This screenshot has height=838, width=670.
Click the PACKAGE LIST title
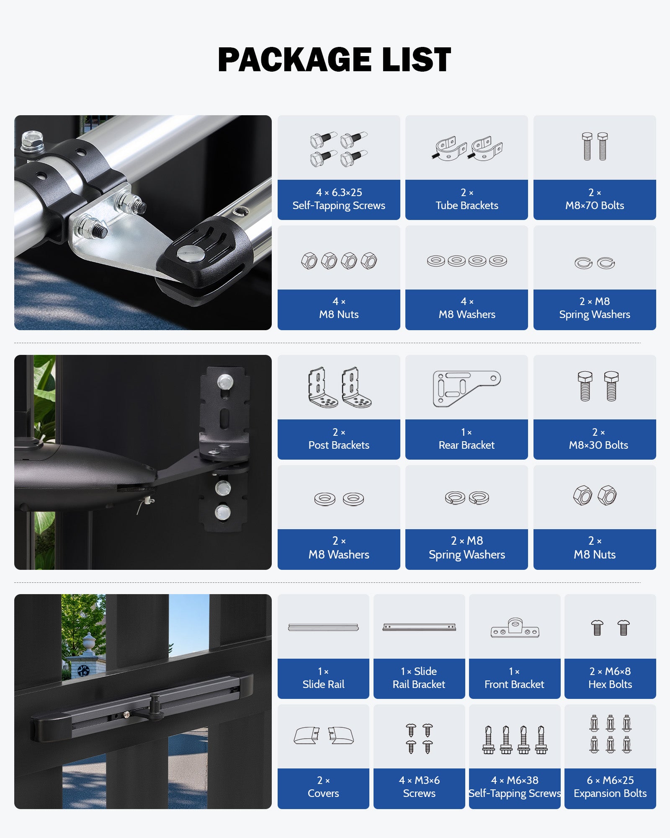tap(334, 59)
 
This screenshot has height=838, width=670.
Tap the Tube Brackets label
tap(466, 199)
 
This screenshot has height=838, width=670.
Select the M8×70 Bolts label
tap(595, 199)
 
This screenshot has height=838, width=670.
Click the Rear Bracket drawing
tap(466, 388)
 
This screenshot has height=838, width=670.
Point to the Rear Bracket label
tap(466, 439)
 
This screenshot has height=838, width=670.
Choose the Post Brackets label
tap(339, 439)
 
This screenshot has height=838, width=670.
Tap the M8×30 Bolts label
tap(598, 439)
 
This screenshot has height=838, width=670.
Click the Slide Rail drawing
tap(323, 627)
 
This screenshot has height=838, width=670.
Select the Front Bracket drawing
tap(515, 628)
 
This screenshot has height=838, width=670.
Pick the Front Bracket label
tap(514, 678)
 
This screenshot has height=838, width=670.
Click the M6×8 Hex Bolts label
tap(610, 678)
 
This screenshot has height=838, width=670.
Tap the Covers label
tap(323, 787)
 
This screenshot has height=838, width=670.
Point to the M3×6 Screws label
tap(419, 787)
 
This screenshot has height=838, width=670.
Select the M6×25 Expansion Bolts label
tap(610, 787)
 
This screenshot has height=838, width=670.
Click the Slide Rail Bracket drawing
tap(419, 627)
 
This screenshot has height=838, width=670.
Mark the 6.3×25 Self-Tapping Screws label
tap(339, 199)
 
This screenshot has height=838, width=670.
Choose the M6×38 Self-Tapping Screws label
tap(515, 787)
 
